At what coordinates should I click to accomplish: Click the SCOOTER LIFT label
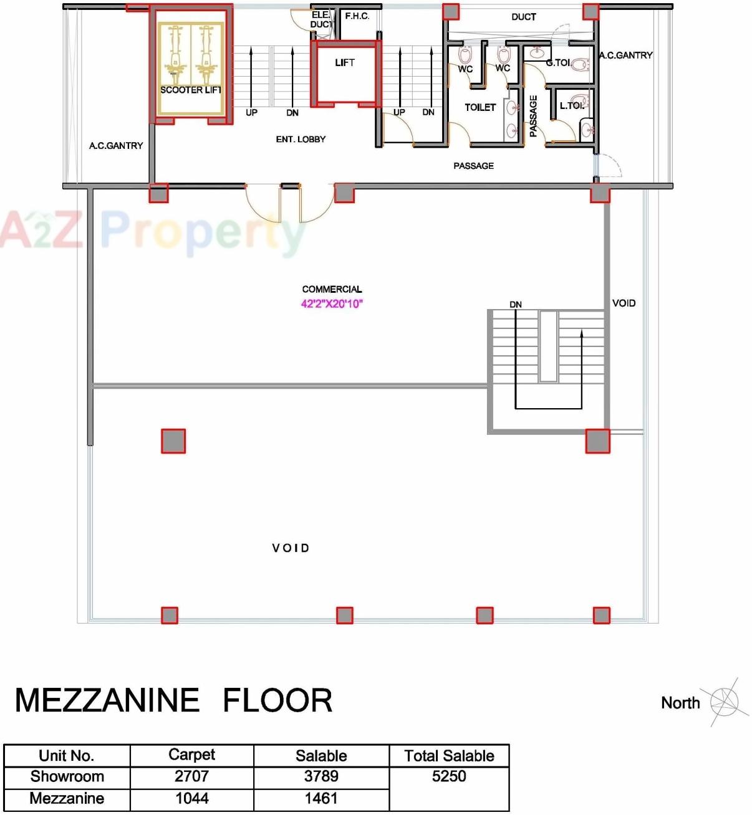[x=191, y=90]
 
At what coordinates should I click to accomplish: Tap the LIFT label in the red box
[x=345, y=62]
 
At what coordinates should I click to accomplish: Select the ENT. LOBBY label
[x=301, y=139]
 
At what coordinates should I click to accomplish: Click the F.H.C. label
[x=357, y=16]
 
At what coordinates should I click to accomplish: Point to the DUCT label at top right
[x=523, y=17]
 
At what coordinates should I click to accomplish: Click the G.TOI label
[x=558, y=62]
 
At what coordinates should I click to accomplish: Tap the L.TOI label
[x=572, y=105]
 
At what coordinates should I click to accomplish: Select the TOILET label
[x=480, y=107]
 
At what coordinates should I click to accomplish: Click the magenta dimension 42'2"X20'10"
[x=332, y=304]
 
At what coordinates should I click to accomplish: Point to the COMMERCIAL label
[x=332, y=289]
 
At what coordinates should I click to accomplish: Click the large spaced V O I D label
[x=291, y=548]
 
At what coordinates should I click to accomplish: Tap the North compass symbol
[x=724, y=702]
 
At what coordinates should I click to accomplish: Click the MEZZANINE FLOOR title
[x=173, y=700]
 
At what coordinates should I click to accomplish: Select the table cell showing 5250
[x=449, y=776]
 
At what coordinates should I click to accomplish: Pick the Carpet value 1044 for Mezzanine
[x=191, y=799]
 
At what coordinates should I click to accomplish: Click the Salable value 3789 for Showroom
[x=321, y=776]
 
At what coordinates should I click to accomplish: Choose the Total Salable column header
[x=449, y=756]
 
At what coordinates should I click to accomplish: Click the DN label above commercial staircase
[x=516, y=305]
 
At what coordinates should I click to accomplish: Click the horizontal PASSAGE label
[x=473, y=166]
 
